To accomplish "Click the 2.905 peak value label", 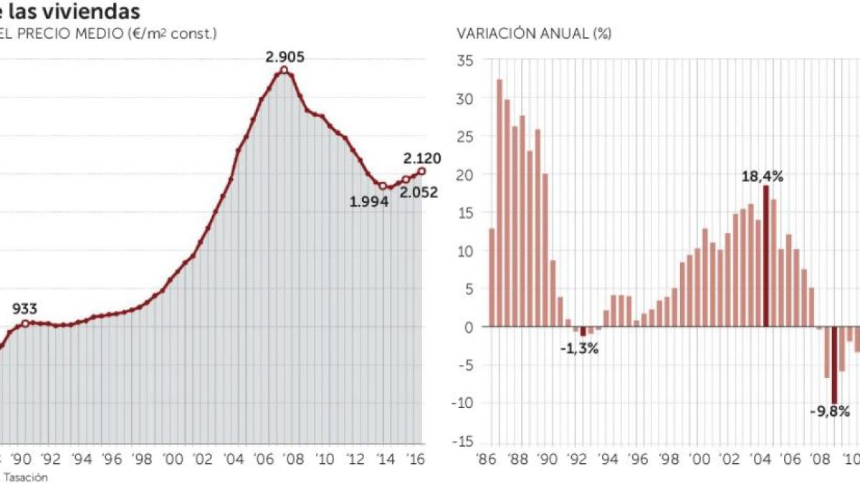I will point(285,55).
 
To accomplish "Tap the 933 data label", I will point(26,309).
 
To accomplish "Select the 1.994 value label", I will point(369,202).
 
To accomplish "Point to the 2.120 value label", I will point(422,158).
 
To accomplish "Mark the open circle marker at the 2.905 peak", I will point(285,70).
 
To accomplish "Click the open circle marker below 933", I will point(26,323).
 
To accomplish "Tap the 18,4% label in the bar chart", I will point(762,175).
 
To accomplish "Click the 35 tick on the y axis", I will point(467,61).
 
